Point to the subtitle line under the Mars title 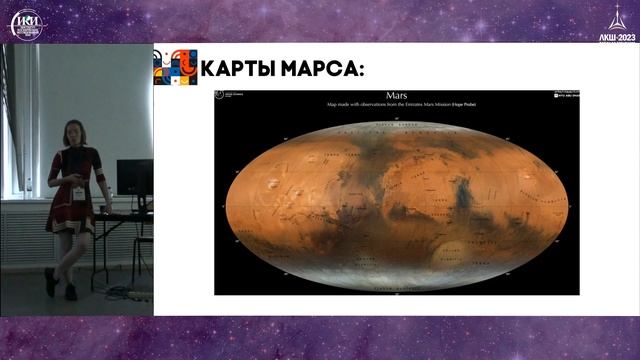(397, 104)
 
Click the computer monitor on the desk (134, 177)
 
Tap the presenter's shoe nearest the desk (71, 291)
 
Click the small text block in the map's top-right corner (565, 97)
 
